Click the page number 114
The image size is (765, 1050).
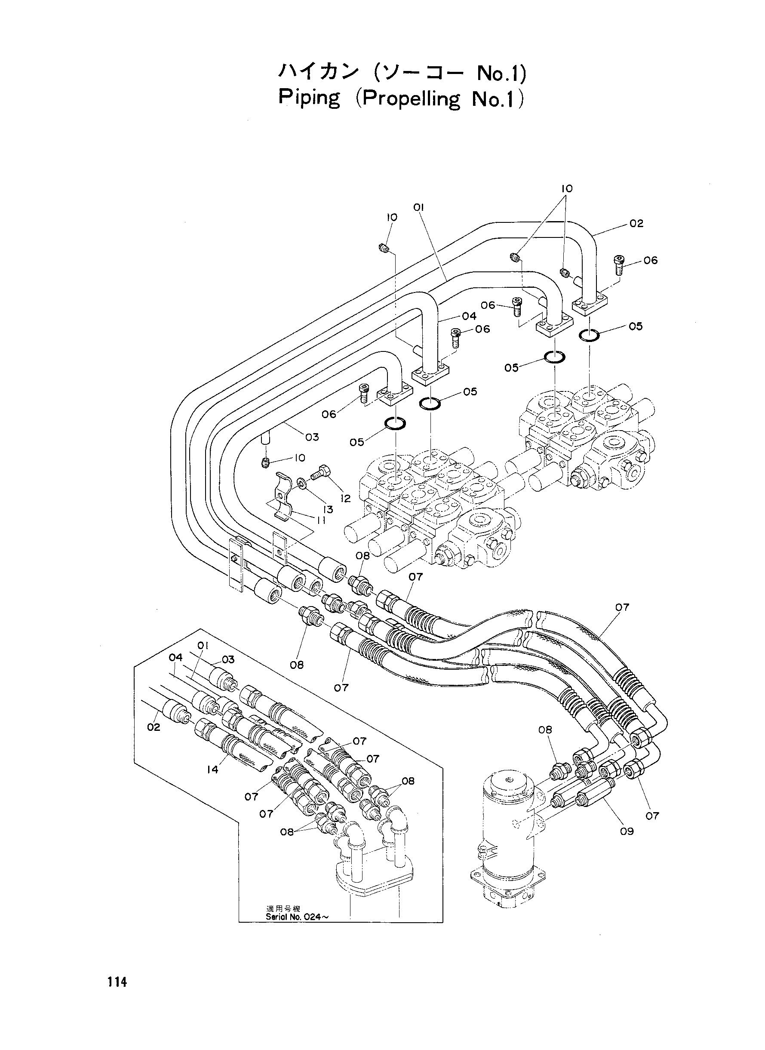pos(117,981)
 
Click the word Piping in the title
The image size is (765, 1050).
pos(309,99)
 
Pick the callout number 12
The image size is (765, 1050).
pos(345,499)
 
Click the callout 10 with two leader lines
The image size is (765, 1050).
pos(567,188)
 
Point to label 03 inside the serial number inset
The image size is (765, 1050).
pos(228,659)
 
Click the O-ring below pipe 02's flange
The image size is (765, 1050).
pos(589,334)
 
